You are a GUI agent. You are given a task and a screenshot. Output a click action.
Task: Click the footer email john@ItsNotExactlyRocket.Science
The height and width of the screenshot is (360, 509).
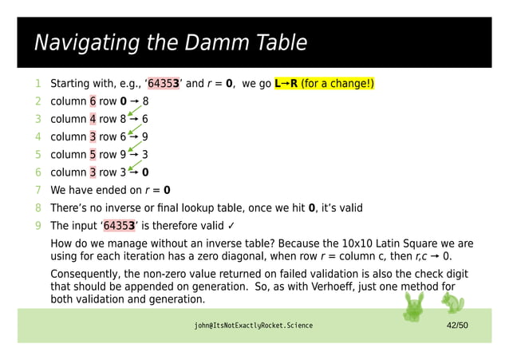click(x=253, y=326)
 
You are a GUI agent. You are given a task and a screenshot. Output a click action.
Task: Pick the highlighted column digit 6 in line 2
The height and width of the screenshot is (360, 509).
click(x=93, y=101)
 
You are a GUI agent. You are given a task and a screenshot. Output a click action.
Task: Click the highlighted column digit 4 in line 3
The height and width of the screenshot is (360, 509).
click(x=93, y=119)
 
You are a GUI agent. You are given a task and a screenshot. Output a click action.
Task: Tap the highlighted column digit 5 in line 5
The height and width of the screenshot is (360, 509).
click(x=93, y=154)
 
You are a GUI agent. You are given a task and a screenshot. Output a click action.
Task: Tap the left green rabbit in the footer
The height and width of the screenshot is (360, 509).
click(x=416, y=304)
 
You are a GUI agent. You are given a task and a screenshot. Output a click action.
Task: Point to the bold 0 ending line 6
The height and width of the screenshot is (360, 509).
click(x=145, y=172)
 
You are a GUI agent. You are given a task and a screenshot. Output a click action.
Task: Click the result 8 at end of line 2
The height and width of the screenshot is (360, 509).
click(x=145, y=101)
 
